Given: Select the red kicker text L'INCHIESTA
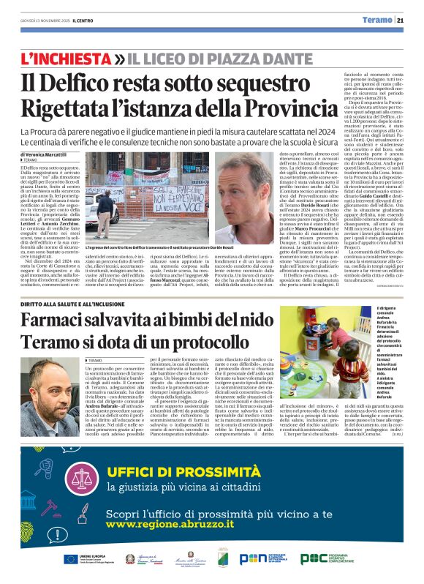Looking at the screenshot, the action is tap(72, 57).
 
